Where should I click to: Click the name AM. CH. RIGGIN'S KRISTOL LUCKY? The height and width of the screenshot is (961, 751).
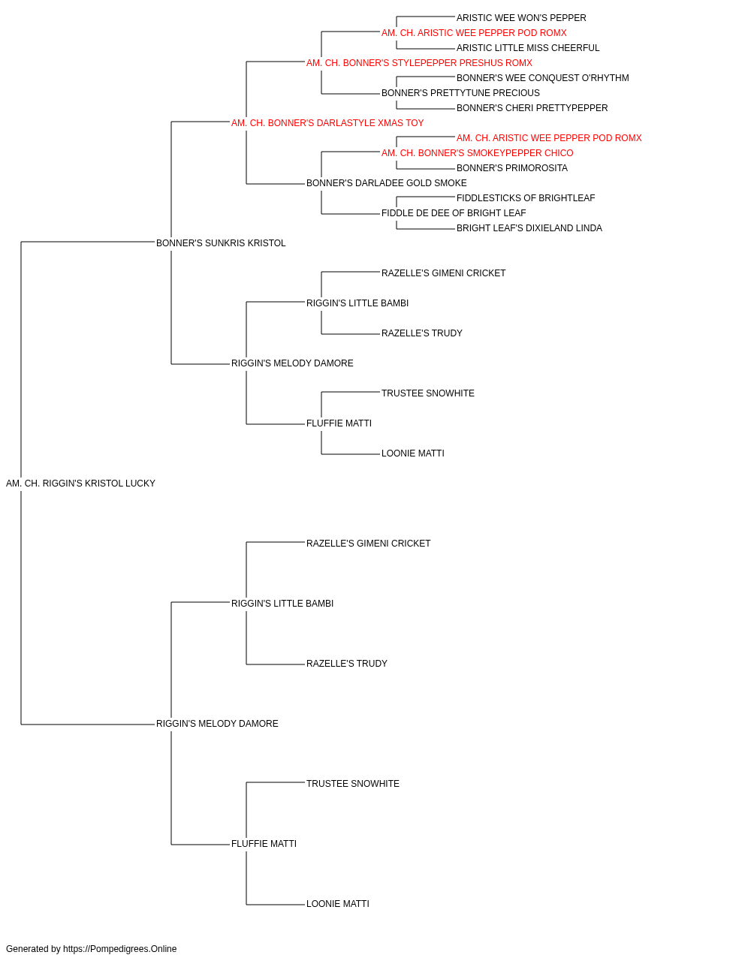coord(80,484)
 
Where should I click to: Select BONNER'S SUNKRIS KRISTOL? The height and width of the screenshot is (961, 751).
coord(221,243)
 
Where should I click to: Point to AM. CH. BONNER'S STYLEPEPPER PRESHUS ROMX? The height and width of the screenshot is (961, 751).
coord(419,63)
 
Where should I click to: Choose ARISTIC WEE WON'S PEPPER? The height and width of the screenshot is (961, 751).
coord(521,18)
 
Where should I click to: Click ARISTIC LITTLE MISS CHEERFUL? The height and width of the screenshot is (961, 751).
coord(528,48)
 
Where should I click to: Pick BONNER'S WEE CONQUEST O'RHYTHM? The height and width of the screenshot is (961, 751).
coord(543,78)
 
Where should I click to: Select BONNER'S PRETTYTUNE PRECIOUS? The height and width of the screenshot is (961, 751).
coord(460,93)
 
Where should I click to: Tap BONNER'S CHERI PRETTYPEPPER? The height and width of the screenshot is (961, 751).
coord(532,108)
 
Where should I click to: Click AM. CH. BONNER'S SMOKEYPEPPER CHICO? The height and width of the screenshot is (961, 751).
coord(477,153)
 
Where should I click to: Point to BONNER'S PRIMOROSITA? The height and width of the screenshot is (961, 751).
coord(511,168)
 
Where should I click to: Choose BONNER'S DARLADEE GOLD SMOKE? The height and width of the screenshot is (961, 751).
coord(387,183)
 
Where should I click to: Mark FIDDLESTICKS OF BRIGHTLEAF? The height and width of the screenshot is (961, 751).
coord(526,198)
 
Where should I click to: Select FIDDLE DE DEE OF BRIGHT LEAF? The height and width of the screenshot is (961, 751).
coord(454,213)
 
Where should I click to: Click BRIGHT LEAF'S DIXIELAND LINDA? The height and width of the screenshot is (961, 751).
coord(529,228)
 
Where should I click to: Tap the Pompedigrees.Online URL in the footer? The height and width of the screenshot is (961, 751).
coord(120,949)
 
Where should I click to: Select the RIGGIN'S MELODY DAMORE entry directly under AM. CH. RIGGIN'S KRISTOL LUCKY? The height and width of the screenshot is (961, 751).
coord(217,724)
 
